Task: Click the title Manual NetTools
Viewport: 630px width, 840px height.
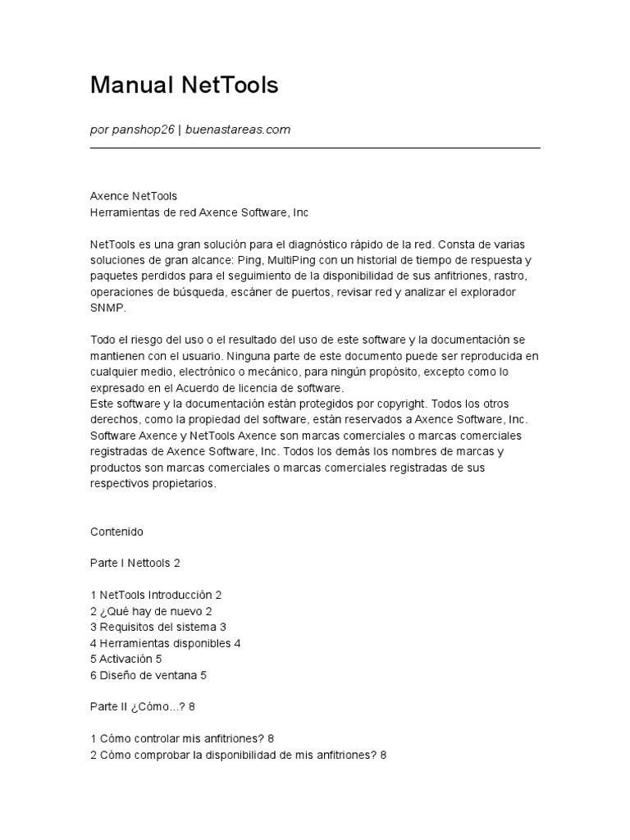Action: click(185, 85)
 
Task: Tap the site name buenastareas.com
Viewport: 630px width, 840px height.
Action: click(238, 130)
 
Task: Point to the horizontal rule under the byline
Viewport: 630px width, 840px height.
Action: click(315, 148)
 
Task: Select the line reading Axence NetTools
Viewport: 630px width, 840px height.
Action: click(133, 196)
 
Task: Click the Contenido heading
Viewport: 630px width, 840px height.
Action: click(116, 532)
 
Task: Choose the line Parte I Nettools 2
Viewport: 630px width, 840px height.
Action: click(135, 564)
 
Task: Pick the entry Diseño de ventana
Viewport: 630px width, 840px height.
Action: click(148, 675)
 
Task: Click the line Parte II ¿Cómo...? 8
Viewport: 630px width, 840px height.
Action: click(141, 707)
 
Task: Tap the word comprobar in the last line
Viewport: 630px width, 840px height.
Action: click(160, 755)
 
